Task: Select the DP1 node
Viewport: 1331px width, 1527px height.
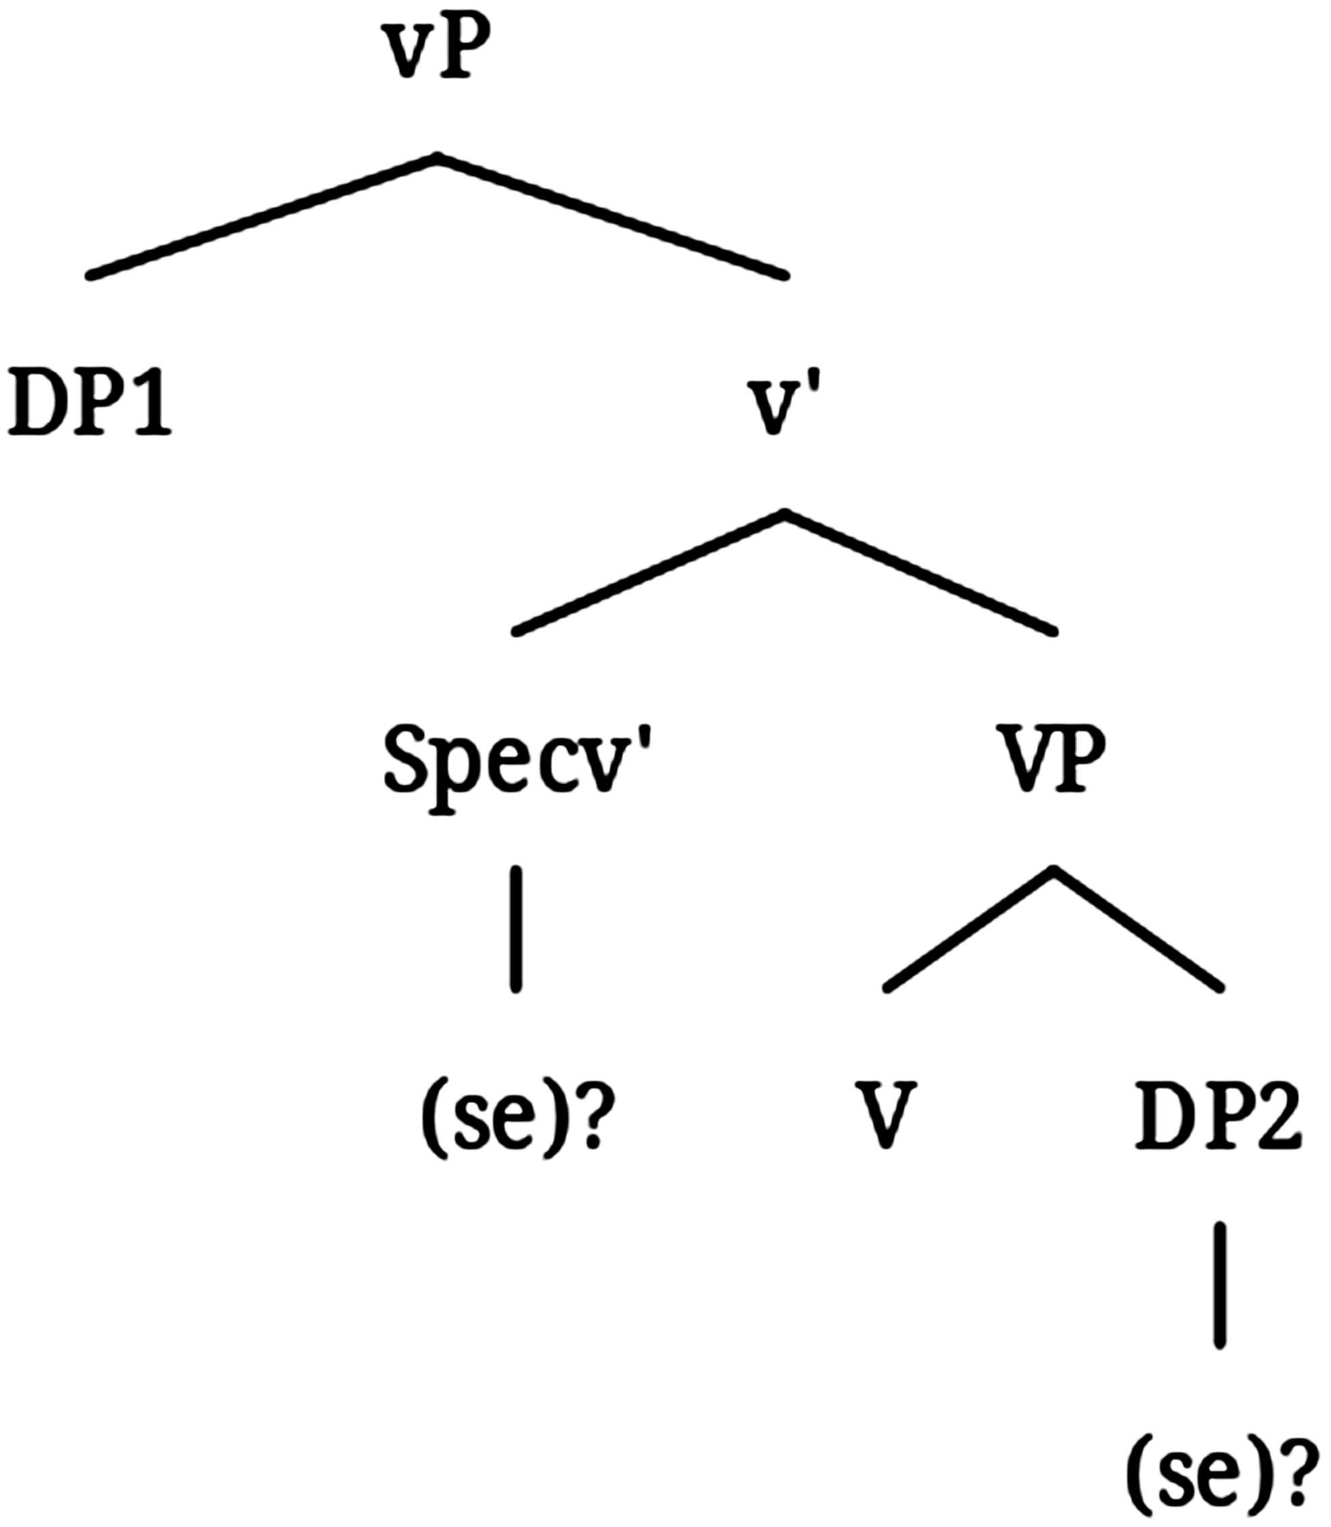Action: point(89,406)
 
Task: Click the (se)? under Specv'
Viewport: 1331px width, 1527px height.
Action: point(512,1118)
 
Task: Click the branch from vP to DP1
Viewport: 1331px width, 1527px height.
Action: point(264,216)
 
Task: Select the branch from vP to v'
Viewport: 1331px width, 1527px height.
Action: point(612,216)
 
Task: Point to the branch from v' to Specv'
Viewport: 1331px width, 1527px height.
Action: point(650,572)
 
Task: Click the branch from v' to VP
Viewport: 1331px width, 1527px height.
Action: point(921,572)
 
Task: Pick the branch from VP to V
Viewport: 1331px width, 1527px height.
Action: point(969,928)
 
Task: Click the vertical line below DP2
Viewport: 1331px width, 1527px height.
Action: point(1219,1285)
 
